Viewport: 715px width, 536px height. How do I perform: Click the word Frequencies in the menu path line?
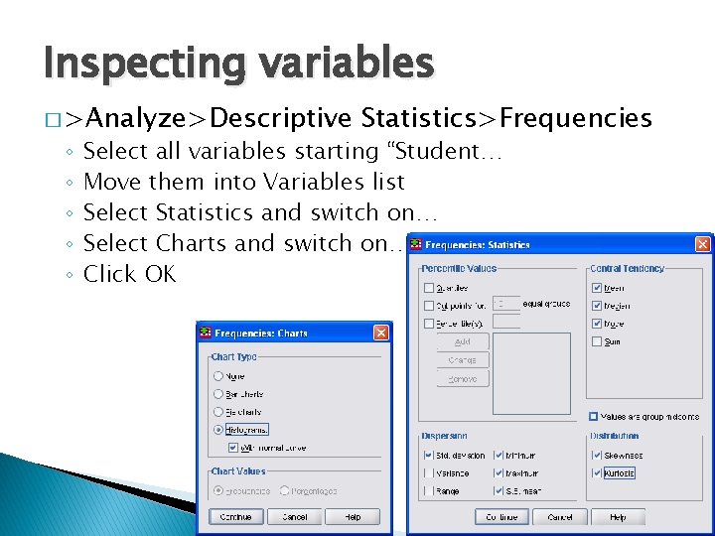(x=576, y=119)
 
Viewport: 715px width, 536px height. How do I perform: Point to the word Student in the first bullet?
(x=447, y=152)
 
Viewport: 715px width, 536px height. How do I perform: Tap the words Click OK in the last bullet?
(x=129, y=274)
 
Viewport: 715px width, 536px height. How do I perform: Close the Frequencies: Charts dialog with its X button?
(x=380, y=334)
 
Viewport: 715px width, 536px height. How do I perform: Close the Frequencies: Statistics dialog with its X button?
(x=702, y=244)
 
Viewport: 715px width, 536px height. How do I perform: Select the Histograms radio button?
(x=218, y=430)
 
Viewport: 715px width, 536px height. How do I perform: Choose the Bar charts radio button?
(x=218, y=394)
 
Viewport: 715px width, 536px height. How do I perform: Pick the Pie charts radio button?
(x=218, y=412)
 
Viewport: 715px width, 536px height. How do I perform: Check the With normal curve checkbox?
(x=231, y=447)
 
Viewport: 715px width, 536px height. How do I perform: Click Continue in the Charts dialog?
(x=236, y=516)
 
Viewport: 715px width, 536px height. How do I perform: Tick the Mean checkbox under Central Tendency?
(x=597, y=288)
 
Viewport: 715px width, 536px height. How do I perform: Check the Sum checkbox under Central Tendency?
(x=597, y=341)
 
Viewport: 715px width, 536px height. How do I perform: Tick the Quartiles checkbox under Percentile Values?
(x=429, y=288)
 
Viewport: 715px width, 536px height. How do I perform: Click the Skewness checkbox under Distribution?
(x=597, y=456)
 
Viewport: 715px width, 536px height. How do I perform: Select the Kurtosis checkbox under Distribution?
(x=597, y=473)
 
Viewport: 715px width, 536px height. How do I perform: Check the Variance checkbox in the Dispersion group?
(x=429, y=473)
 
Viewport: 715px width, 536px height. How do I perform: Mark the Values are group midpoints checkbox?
(x=593, y=417)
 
